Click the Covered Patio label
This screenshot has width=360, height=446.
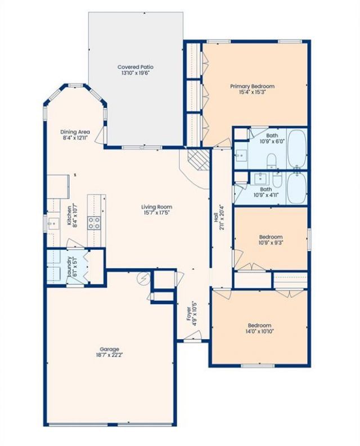point(136,67)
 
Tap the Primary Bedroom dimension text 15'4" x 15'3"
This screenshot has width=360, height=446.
point(253,92)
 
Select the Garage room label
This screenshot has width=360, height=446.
point(109,349)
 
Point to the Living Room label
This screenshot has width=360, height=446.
point(157,207)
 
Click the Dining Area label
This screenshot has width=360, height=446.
point(75,132)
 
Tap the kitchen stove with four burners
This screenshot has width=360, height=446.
point(94,223)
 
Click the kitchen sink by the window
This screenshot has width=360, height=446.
point(53,224)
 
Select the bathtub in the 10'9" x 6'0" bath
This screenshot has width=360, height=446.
point(297,148)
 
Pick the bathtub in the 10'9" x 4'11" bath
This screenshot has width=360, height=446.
point(297,188)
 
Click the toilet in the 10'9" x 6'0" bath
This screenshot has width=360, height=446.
point(272,161)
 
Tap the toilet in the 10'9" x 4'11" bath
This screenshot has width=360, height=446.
point(277,179)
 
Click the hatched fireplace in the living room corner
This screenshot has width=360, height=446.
point(199,160)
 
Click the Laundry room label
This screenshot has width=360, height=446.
point(69,267)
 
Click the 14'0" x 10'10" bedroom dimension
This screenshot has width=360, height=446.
point(259,331)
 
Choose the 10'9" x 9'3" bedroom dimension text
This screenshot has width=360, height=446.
point(271,242)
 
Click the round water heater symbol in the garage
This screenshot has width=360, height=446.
point(143,278)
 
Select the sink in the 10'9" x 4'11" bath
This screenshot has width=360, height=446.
point(260,178)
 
